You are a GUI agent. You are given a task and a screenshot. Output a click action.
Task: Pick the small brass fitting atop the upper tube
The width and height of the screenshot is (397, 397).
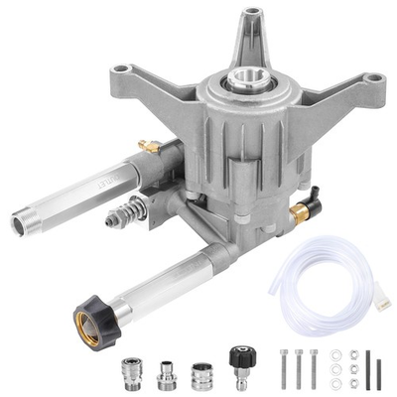pyautogui.click(x=147, y=145)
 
